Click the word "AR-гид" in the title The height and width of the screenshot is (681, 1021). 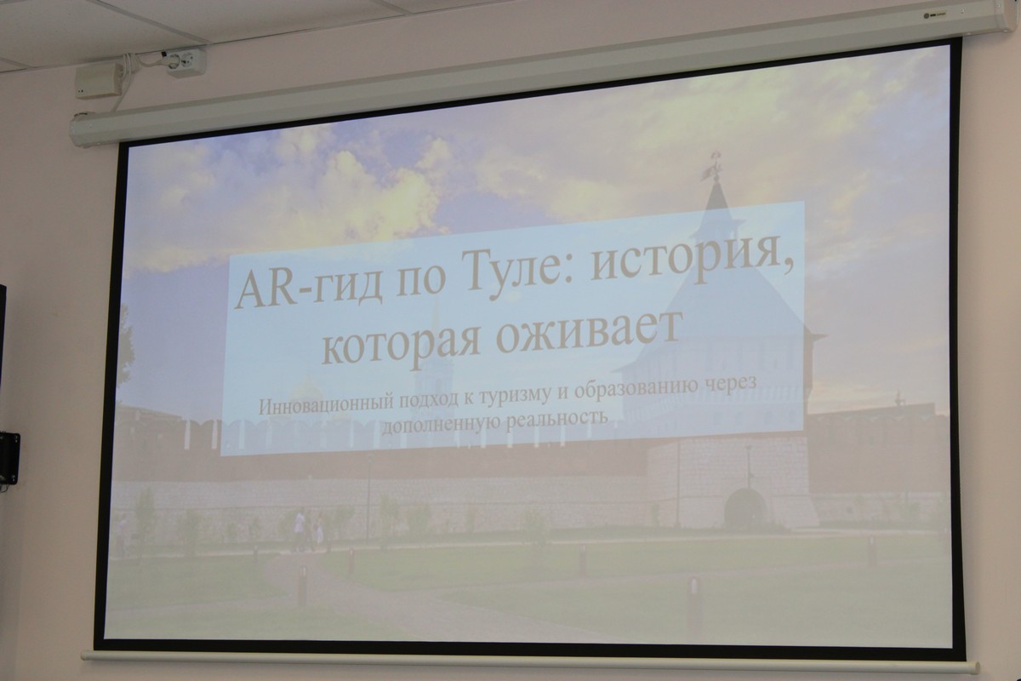tap(309, 287)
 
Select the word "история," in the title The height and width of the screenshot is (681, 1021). tap(692, 261)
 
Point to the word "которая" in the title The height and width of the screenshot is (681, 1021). tap(401, 344)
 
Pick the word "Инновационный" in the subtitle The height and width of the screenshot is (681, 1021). tap(326, 404)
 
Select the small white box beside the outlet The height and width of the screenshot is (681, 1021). tap(99, 81)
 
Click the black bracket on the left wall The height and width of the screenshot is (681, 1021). tap(9, 458)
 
